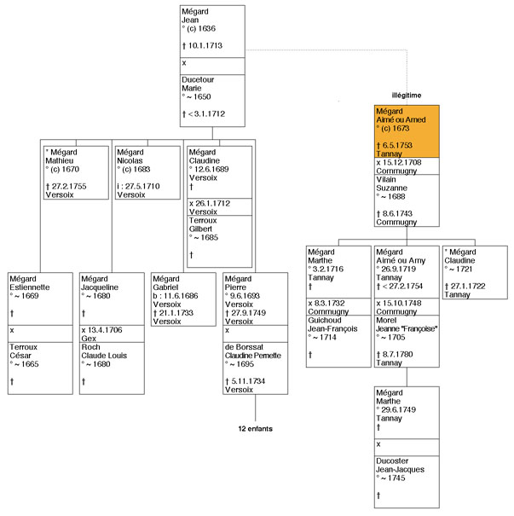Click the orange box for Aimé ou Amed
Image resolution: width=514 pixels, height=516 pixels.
tap(407, 131)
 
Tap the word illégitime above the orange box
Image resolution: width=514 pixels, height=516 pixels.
tap(407, 96)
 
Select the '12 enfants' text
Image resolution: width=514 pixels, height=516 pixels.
tap(256, 429)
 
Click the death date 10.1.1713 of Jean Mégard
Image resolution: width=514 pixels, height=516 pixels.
tap(205, 46)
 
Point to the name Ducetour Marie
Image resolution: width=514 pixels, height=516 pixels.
tap(198, 84)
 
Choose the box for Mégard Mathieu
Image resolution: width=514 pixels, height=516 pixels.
tap(76, 173)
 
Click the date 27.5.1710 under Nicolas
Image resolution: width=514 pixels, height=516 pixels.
tap(142, 186)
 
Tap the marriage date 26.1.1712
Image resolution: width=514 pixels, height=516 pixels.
tap(213, 203)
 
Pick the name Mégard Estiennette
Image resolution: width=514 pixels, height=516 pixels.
tap(30, 283)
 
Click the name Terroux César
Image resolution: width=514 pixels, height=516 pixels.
tap(23, 351)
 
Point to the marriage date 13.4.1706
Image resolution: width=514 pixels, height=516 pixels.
tap(105, 330)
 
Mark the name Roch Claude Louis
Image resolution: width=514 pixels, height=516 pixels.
tap(104, 351)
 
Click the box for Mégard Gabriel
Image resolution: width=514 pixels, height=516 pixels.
tap(183, 299)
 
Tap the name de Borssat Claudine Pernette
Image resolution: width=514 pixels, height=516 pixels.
tap(253, 351)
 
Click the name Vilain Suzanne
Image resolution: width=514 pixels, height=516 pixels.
tap(391, 184)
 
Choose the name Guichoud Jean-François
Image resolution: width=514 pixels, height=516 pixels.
tap(332, 324)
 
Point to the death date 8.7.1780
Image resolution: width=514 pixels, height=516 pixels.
tap(397, 355)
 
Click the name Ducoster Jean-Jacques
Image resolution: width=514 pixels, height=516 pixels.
tap(401, 466)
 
